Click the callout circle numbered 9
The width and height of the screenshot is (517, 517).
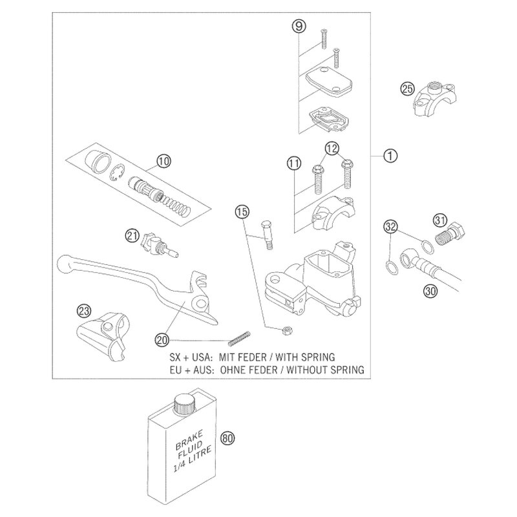[297, 27]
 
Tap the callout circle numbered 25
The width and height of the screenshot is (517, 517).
[406, 89]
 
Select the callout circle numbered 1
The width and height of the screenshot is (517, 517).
[388, 155]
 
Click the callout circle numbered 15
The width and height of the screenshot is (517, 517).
[241, 211]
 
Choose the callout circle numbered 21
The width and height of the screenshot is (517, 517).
[132, 235]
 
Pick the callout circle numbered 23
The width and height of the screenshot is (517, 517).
[84, 311]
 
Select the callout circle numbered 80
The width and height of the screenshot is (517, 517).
[226, 438]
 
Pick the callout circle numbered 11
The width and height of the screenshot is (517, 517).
[293, 164]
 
